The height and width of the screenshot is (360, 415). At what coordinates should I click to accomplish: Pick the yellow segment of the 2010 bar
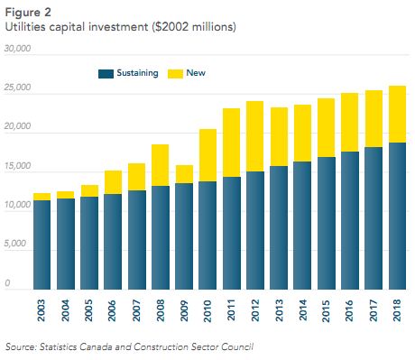[207, 155]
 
